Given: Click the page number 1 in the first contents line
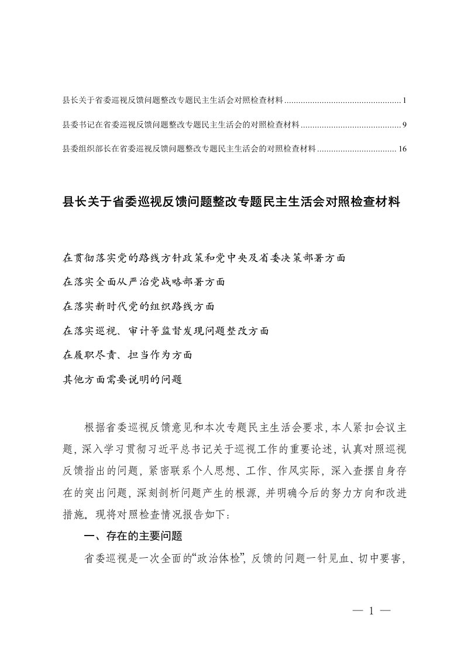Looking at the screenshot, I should click(404, 102).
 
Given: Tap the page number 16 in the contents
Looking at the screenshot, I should click(402, 149).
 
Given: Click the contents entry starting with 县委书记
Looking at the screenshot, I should click(181, 125).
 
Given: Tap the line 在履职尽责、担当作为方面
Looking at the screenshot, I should click(127, 355).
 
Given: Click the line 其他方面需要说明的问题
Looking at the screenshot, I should click(122, 379).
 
